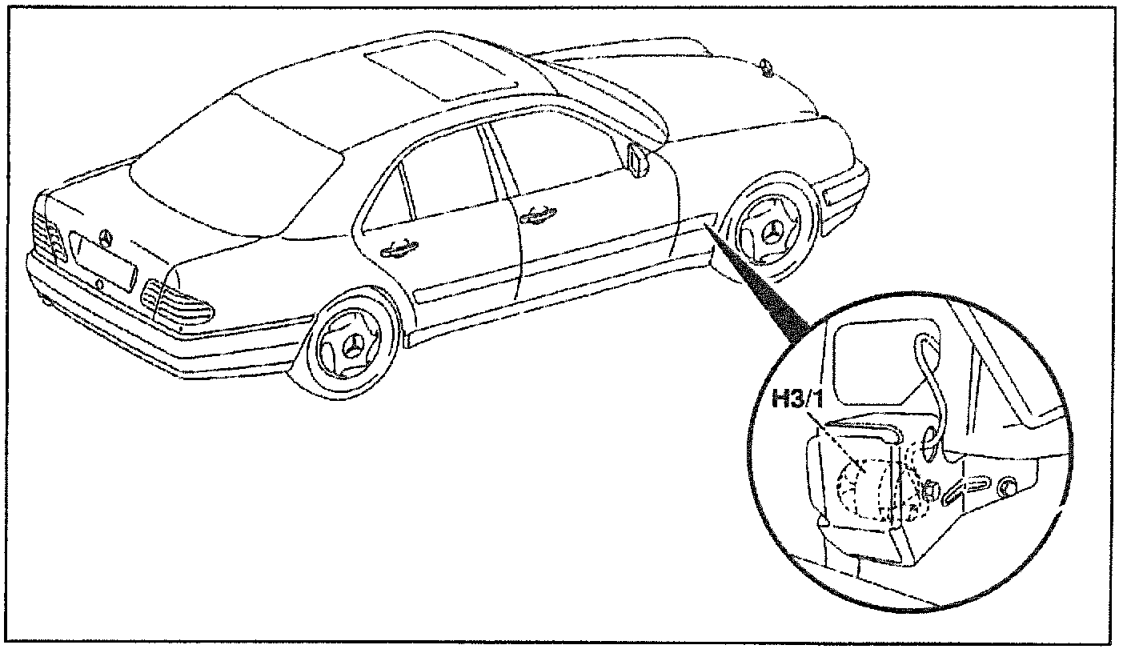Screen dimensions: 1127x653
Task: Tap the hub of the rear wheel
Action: [x=351, y=347]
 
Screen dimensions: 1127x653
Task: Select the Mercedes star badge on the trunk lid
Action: [x=104, y=237]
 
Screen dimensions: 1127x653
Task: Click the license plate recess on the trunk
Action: [x=102, y=261]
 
